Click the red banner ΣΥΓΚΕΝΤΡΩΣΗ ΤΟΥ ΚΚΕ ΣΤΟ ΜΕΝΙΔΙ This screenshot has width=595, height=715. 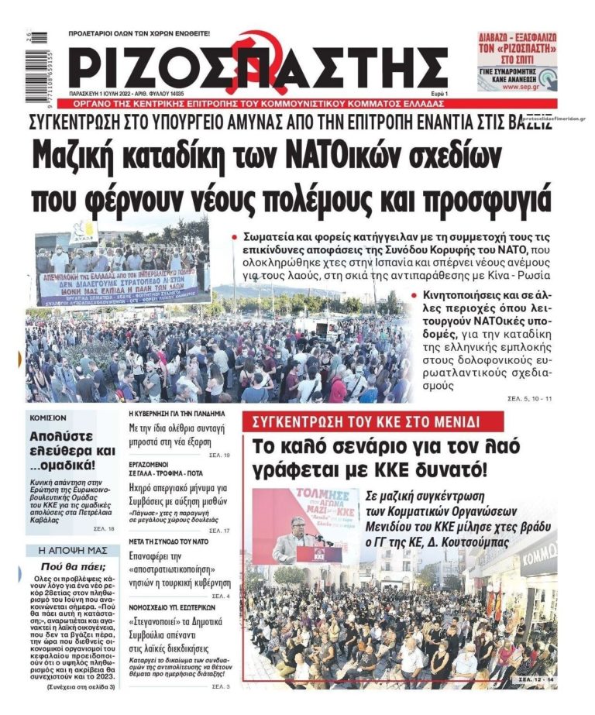point(361,421)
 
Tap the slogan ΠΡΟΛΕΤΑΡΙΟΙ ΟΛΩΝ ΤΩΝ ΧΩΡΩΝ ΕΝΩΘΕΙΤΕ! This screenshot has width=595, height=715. point(139,33)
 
